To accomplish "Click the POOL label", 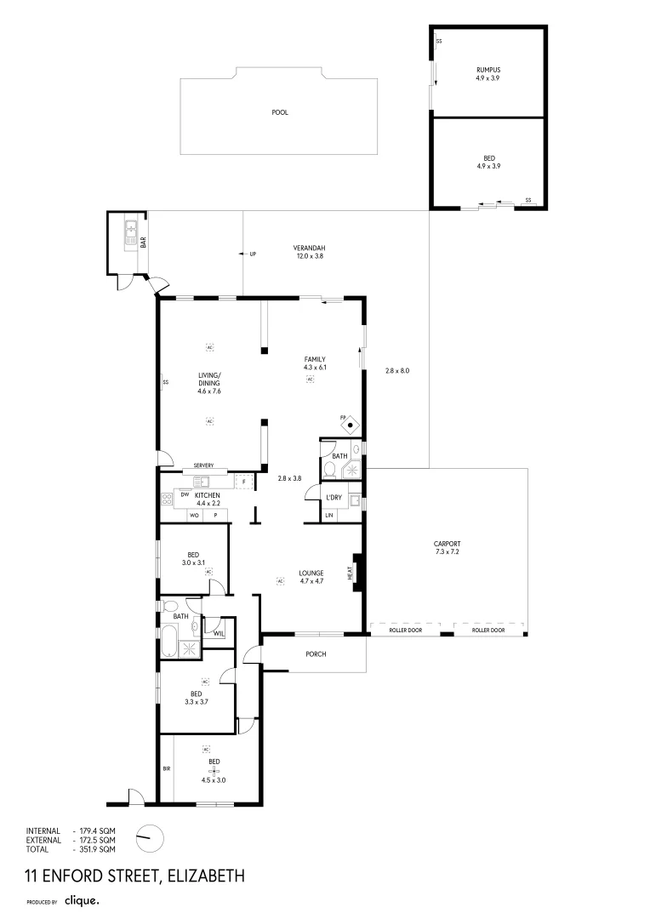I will click(279, 112).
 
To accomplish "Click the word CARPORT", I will click(447, 544).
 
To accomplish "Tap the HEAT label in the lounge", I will click(350, 574).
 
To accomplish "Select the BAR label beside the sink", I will click(144, 242).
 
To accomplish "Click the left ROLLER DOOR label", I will click(404, 631).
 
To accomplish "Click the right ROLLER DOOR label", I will click(488, 631).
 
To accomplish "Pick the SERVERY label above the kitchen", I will click(203, 465).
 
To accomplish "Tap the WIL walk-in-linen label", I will click(219, 633).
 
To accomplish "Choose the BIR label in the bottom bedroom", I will click(167, 768).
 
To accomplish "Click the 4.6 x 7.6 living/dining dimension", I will click(209, 391).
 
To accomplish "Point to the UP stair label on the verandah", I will click(253, 254).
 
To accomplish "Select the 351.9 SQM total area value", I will click(97, 849).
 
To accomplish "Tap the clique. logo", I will click(83, 899).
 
